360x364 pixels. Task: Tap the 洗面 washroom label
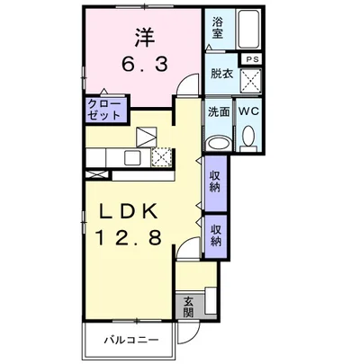click(x=219, y=113)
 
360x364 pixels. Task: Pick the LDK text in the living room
click(x=131, y=212)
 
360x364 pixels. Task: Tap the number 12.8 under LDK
click(x=131, y=237)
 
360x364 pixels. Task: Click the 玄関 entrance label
click(x=189, y=306)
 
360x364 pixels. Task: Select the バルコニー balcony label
click(x=130, y=341)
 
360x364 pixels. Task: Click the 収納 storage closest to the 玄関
click(x=217, y=235)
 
